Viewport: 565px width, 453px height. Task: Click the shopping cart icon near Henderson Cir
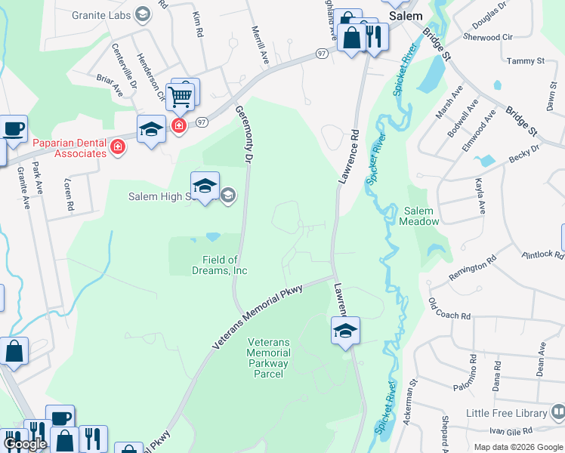click(179, 97)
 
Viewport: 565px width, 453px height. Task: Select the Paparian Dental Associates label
click(69, 147)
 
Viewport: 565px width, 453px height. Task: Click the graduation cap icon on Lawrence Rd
click(345, 331)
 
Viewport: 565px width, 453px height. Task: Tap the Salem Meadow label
click(420, 216)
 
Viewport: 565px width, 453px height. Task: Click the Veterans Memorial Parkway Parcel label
click(268, 358)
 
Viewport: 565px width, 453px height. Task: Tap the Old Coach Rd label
click(449, 308)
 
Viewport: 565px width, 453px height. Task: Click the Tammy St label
click(526, 60)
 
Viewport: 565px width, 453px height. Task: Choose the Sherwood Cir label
click(487, 37)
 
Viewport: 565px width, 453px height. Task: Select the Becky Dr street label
click(524, 153)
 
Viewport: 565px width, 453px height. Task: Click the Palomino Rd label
click(473, 370)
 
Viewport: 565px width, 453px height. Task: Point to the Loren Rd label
click(69, 195)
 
